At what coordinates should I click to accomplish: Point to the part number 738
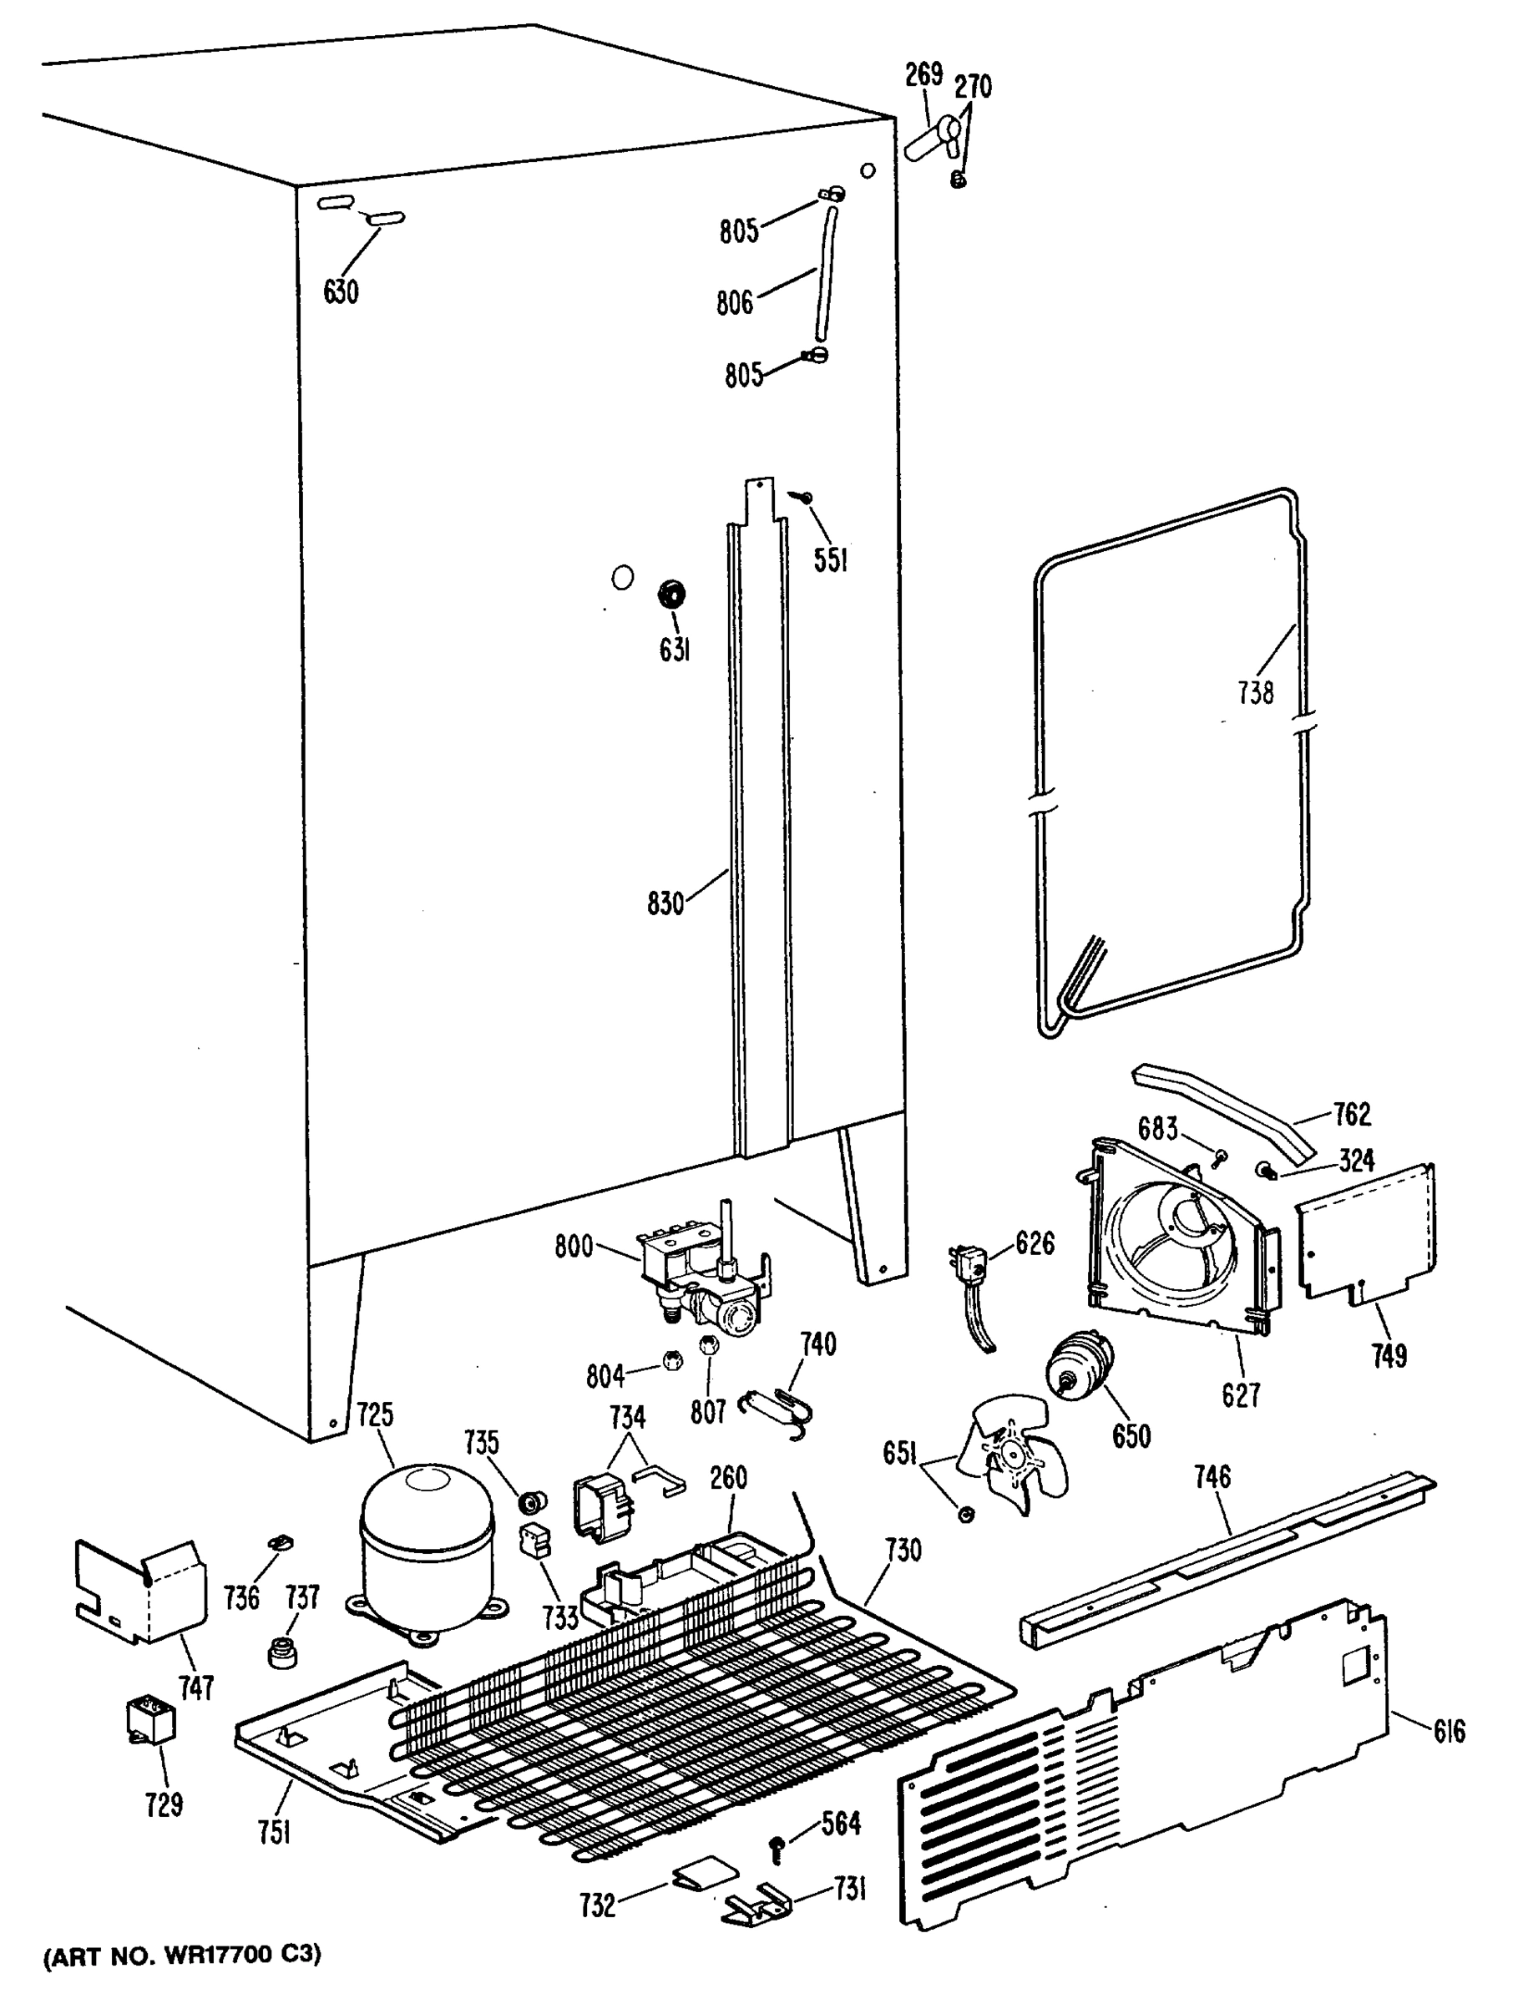pos(1255,693)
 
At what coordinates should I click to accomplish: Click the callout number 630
pos(341,292)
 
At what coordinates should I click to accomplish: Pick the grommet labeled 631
pos(671,595)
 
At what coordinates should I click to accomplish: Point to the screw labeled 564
pos(777,1847)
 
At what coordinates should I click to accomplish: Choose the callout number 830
pos(665,904)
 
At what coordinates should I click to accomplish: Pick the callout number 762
pos(1352,1113)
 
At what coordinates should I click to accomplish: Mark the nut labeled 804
pos(673,1362)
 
